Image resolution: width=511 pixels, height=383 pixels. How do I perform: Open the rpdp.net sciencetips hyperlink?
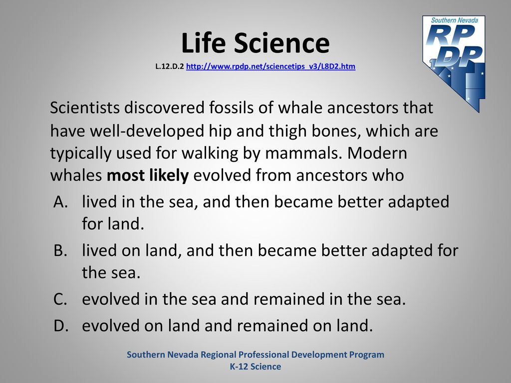pyautogui.click(x=270, y=66)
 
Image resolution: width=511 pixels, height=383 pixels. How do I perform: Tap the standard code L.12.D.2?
pyautogui.click(x=170, y=66)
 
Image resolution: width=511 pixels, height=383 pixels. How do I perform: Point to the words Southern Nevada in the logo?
pyautogui.click(x=454, y=20)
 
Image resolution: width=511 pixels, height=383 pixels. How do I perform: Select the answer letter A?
pyautogui.click(x=60, y=202)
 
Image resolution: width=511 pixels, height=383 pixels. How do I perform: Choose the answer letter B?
pyautogui.click(x=60, y=250)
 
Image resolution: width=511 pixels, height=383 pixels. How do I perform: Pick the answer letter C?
pyautogui.click(x=60, y=299)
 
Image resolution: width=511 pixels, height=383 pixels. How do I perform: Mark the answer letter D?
pyautogui.click(x=61, y=325)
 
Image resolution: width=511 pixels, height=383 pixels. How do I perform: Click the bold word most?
pyautogui.click(x=125, y=176)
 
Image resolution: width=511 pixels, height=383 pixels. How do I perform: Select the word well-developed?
pyautogui.click(x=147, y=131)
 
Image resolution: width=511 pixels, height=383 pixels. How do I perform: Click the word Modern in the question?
pyautogui.click(x=377, y=153)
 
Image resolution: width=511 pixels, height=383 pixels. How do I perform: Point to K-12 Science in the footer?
pyautogui.click(x=255, y=367)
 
